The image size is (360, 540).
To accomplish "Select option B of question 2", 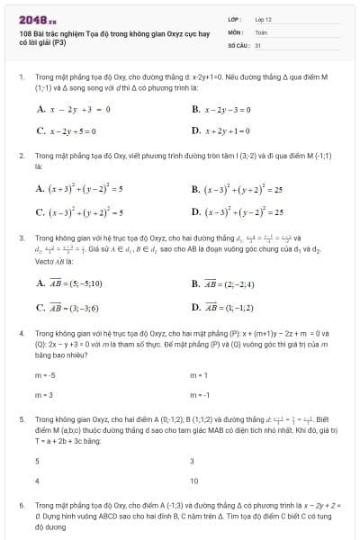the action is click(x=237, y=190).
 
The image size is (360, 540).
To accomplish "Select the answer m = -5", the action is click(x=45, y=374).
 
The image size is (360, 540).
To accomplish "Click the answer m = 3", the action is click(x=44, y=395).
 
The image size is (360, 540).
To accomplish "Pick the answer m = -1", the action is click(x=199, y=395).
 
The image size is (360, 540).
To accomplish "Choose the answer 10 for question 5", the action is click(x=193, y=481).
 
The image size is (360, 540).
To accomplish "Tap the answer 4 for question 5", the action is click(x=37, y=481).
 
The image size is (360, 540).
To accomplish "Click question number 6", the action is click(x=22, y=507).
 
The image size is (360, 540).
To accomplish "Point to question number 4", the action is click(x=22, y=333).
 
